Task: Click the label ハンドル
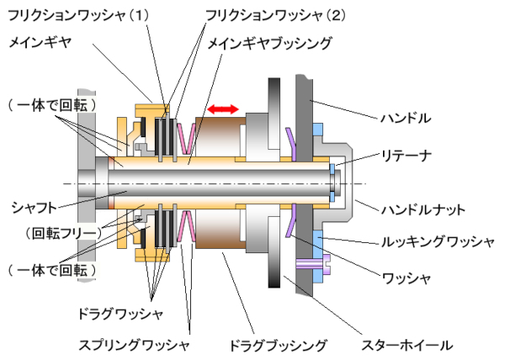click(x=407, y=119)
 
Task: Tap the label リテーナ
click(x=407, y=156)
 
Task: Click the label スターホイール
click(x=407, y=344)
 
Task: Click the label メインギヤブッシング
click(x=269, y=41)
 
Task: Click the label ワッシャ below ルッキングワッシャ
click(x=407, y=277)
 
